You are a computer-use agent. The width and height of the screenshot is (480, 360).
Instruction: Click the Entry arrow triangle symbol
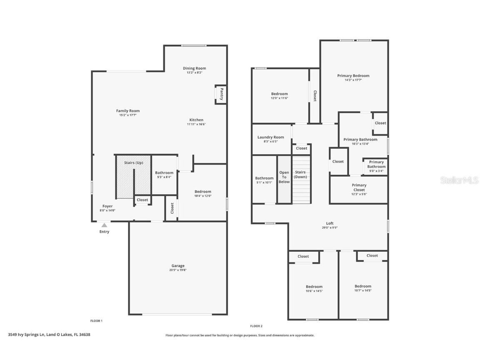pos(104,225)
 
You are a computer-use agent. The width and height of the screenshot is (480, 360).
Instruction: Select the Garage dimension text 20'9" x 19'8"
pos(178,270)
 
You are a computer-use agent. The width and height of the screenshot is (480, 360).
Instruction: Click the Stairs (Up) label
pos(133,162)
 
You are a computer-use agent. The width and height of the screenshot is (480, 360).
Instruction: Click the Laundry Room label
pos(270,137)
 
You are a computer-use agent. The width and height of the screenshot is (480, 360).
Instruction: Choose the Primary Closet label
pos(359,187)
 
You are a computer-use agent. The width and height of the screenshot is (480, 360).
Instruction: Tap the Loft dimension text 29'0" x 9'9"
pos(330,227)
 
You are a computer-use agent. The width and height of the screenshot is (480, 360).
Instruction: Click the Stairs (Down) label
pos(300,174)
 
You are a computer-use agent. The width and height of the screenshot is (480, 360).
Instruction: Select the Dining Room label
pos(194,68)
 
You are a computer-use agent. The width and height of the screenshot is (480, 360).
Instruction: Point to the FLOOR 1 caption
pos(96,321)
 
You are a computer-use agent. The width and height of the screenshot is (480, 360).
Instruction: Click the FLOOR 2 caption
pos(256,326)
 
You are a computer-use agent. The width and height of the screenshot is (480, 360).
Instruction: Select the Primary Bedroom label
pos(353,76)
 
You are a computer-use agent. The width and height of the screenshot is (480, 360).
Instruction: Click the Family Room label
pos(128,111)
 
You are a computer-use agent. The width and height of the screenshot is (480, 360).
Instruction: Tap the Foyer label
pos(107,206)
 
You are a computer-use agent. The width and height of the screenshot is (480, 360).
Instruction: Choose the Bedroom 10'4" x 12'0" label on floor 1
pos(203,192)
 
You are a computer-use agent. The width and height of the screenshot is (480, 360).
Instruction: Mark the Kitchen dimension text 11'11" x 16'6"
pos(196,124)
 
